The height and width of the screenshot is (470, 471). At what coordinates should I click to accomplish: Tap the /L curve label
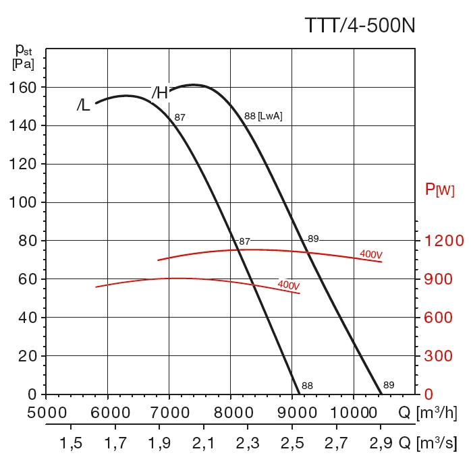pyautogui.click(x=83, y=106)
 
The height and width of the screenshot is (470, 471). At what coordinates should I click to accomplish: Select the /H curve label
pyautogui.click(x=159, y=93)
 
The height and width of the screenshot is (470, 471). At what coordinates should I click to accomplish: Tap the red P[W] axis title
pyautogui.click(x=439, y=190)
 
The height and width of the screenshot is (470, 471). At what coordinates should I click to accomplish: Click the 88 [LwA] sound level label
pyautogui.click(x=262, y=116)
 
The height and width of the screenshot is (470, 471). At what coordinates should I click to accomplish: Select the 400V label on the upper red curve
pyautogui.click(x=371, y=254)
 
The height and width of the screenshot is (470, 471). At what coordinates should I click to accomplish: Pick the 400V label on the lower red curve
pyautogui.click(x=288, y=285)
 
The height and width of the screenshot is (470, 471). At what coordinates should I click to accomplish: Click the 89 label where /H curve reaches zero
pyautogui.click(x=389, y=385)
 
